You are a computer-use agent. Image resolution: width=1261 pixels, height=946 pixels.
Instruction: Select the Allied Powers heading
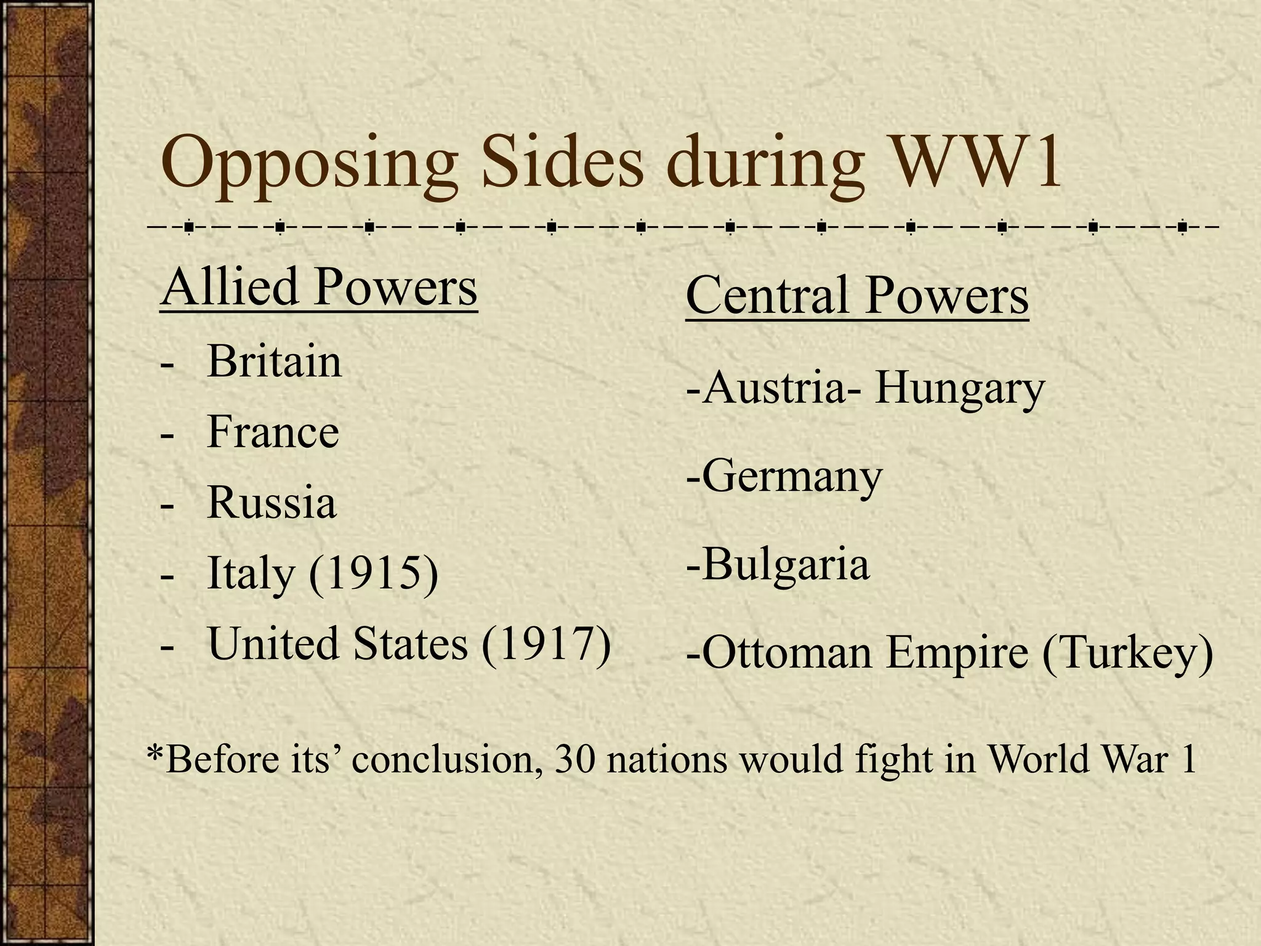318,288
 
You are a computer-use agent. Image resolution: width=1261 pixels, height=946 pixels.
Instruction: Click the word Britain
274,361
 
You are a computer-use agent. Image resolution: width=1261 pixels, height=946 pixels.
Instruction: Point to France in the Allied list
273,432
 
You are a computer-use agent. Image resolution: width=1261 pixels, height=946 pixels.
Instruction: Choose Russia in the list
272,503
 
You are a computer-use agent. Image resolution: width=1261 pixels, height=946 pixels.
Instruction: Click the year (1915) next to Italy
374,573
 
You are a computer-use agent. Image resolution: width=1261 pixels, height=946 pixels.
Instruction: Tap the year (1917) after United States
546,644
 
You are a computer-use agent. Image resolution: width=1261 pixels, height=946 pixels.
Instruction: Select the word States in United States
410,644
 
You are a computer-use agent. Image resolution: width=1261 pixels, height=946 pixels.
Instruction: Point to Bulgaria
785,564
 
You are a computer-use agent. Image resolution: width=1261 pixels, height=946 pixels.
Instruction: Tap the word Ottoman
786,653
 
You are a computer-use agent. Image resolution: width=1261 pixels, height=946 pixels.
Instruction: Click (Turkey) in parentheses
1127,653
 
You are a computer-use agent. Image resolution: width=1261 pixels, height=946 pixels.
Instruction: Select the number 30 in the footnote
574,759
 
